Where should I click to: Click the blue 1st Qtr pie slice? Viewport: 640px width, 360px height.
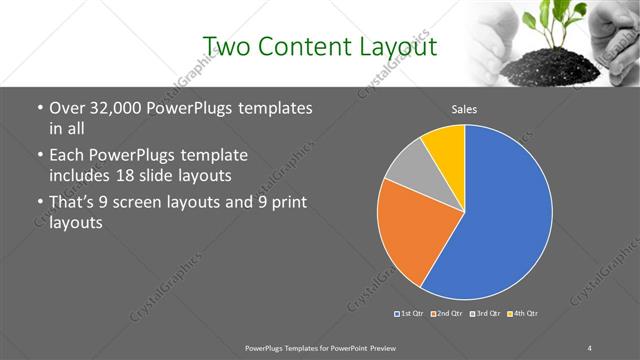click(500, 215)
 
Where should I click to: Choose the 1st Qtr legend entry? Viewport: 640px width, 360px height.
click(410, 314)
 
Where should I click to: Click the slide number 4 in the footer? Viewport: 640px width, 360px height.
click(590, 347)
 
